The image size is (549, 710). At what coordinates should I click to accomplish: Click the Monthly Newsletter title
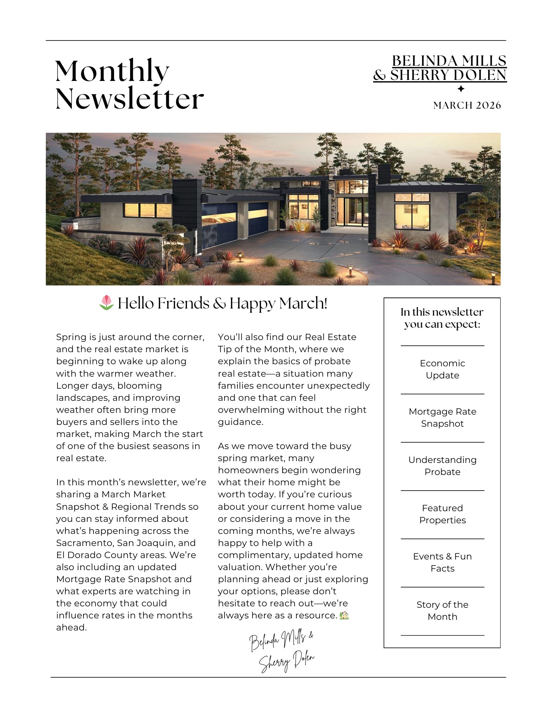click(129, 84)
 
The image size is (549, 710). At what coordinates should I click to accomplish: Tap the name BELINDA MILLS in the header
click(449, 61)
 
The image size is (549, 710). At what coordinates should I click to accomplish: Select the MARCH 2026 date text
click(467, 105)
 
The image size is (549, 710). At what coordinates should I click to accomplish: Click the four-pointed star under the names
click(461, 89)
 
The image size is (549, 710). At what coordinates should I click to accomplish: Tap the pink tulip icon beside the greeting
click(106, 303)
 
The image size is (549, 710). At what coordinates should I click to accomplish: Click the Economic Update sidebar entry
click(442, 369)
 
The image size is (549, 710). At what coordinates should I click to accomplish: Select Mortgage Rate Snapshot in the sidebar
click(442, 417)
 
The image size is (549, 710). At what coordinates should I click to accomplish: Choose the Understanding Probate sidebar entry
click(442, 466)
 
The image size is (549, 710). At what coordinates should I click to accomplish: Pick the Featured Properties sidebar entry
click(442, 514)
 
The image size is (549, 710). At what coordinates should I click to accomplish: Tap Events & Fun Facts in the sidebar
click(442, 562)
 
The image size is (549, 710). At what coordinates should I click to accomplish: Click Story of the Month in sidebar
click(442, 611)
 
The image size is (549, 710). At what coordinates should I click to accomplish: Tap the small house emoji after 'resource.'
click(344, 615)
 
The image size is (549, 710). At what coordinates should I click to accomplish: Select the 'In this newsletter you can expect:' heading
click(442, 318)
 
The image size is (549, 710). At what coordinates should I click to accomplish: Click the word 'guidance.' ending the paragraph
click(241, 422)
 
